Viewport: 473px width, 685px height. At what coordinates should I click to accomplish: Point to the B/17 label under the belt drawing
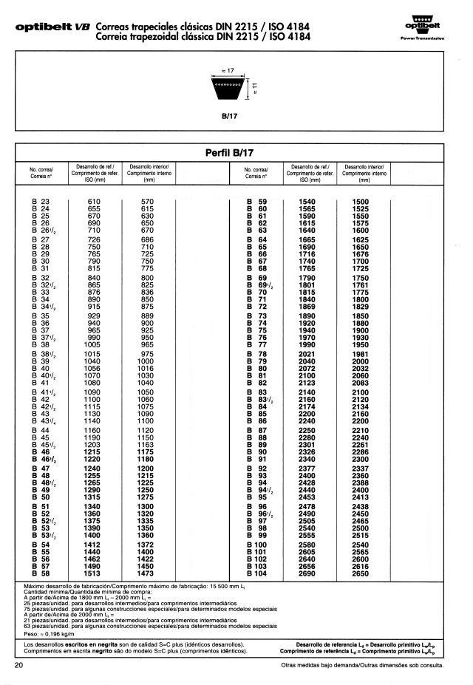228,116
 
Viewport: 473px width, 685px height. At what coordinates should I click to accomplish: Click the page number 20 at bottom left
19,666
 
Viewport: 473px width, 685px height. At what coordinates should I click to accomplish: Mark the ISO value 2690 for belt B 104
308,573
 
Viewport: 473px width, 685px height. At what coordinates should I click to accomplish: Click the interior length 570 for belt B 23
147,202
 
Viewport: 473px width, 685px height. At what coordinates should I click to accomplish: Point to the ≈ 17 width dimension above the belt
228,70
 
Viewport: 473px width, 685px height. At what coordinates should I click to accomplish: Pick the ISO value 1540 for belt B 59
308,202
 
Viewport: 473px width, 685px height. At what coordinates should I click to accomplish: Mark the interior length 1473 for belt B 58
148,573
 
